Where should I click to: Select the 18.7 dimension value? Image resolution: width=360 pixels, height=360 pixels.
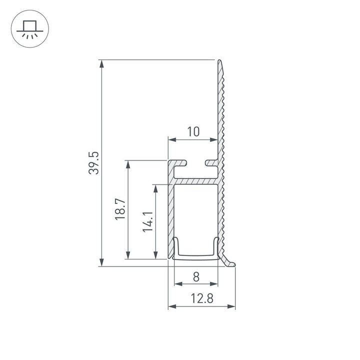[x=120, y=209]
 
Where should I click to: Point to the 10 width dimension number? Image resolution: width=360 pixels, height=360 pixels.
[x=193, y=132]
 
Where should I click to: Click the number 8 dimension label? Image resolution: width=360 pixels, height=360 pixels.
[x=196, y=275]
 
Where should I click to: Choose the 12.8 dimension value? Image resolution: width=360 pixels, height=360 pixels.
[x=201, y=298]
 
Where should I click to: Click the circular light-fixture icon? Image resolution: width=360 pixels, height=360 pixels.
[x=29, y=29]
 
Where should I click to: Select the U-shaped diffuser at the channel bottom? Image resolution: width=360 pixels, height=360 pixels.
[x=196, y=256]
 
